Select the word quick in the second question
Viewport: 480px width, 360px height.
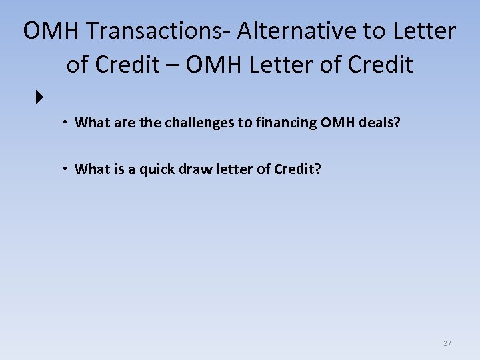tap(151, 169)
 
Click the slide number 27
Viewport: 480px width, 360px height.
tap(447, 343)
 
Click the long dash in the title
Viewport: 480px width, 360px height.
tap(173, 65)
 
